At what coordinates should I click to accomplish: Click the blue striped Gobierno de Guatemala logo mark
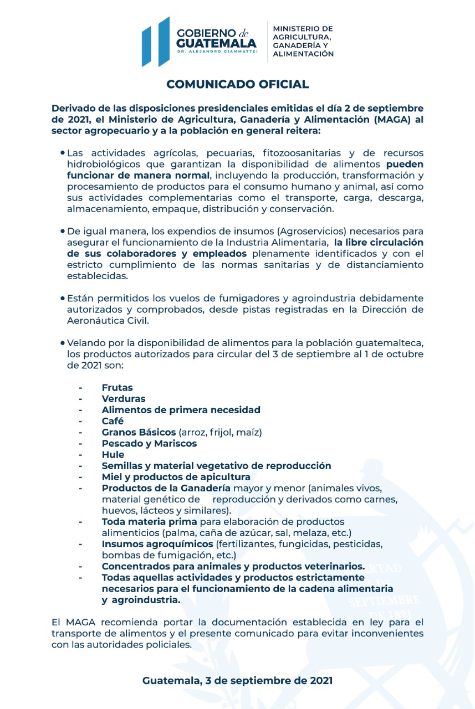point(156,42)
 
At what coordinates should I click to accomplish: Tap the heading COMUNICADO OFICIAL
point(237,84)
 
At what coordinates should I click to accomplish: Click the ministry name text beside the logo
point(303,41)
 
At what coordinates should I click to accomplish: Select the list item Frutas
point(117,388)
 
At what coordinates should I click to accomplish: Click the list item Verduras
point(124,399)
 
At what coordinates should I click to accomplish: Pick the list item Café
point(113,421)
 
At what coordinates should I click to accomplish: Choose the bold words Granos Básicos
point(139,432)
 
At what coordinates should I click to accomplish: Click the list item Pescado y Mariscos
point(149,444)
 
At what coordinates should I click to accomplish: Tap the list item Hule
point(113,455)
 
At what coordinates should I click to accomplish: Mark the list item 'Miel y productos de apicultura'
point(176,477)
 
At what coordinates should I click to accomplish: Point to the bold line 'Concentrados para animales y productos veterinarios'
point(233,566)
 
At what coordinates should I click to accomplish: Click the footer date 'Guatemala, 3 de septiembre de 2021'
point(237,681)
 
